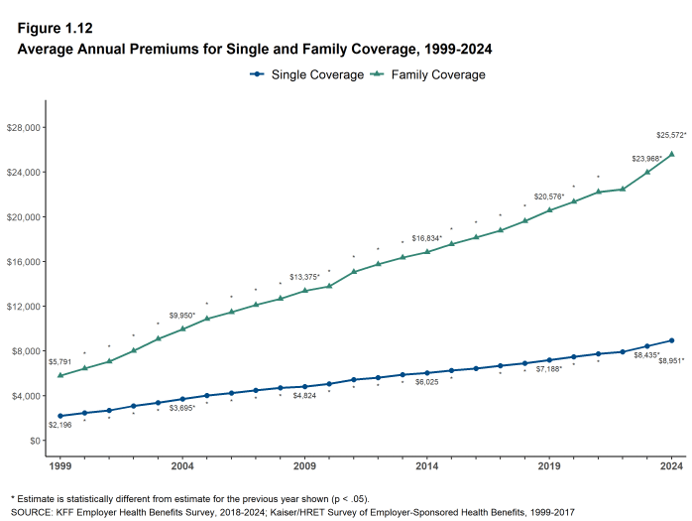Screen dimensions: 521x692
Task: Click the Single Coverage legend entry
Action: [x=307, y=74]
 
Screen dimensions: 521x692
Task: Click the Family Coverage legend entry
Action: [x=428, y=74]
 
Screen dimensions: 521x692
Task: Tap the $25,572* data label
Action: [x=670, y=135]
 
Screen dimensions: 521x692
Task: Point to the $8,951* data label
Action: [x=670, y=360]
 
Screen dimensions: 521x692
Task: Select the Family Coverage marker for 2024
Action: [x=672, y=154]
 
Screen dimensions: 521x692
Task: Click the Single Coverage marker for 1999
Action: [x=60, y=416]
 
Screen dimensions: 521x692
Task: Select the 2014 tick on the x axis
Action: [x=427, y=464]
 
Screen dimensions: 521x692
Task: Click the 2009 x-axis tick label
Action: [x=304, y=464]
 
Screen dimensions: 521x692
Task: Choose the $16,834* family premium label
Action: [x=427, y=238]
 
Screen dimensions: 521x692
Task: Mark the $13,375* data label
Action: [x=304, y=277]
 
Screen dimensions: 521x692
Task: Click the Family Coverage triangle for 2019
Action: [x=550, y=209]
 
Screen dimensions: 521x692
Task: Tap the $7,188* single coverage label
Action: [x=550, y=369]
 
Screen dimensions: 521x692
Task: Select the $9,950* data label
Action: [x=182, y=316]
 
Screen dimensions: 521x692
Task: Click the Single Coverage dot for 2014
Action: [x=427, y=372]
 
